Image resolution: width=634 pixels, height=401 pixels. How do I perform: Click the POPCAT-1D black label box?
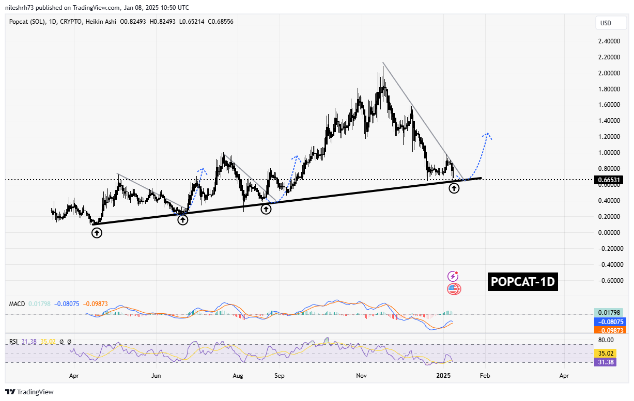pyautogui.click(x=522, y=282)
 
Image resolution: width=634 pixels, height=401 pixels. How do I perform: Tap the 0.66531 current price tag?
pyautogui.click(x=609, y=180)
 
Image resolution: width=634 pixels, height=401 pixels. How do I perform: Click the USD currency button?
pyautogui.click(x=605, y=23)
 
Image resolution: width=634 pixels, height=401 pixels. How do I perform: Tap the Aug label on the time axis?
pyautogui.click(x=238, y=376)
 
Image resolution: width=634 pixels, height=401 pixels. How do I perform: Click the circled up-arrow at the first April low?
pyautogui.click(x=97, y=233)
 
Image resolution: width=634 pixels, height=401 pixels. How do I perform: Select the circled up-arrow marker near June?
pyautogui.click(x=183, y=220)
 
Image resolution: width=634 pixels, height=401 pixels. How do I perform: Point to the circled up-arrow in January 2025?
pyautogui.click(x=454, y=188)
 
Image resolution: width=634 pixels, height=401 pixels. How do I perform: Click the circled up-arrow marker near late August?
pyautogui.click(x=266, y=209)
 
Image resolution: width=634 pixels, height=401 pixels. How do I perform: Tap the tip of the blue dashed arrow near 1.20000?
pyautogui.click(x=487, y=133)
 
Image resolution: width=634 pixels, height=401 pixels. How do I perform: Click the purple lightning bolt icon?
pyautogui.click(x=453, y=277)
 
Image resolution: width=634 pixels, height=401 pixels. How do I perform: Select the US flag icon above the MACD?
pyautogui.click(x=453, y=289)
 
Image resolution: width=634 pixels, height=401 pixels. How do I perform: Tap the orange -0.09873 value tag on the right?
pyautogui.click(x=609, y=330)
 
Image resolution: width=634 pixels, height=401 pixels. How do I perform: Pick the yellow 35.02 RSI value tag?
pyautogui.click(x=609, y=354)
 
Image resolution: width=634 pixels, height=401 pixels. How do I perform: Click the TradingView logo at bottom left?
pyautogui.click(x=29, y=392)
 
